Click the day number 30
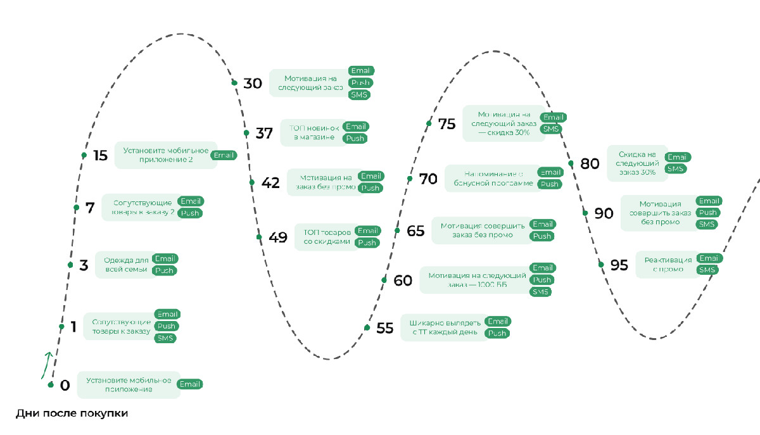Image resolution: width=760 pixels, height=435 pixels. click(x=253, y=84)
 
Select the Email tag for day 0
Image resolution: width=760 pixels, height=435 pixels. click(x=189, y=384)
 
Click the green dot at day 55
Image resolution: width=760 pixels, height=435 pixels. click(x=367, y=327)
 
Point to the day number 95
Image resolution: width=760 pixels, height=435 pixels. click(x=619, y=265)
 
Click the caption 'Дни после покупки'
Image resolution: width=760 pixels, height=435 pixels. click(x=72, y=414)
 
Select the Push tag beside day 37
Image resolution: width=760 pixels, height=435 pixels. click(x=355, y=139)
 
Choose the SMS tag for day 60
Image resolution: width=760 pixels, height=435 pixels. click(x=540, y=292)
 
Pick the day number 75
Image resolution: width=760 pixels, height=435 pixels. click(x=446, y=124)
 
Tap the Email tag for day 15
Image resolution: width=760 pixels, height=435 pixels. click(x=224, y=155)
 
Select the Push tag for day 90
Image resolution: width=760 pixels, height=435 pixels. click(x=707, y=213)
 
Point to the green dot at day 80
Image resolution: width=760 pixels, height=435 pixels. click(x=571, y=163)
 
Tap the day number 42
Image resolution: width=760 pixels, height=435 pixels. click(x=270, y=183)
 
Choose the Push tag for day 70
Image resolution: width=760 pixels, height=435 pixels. click(x=549, y=184)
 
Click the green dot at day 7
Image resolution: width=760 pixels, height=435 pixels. click(x=76, y=208)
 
